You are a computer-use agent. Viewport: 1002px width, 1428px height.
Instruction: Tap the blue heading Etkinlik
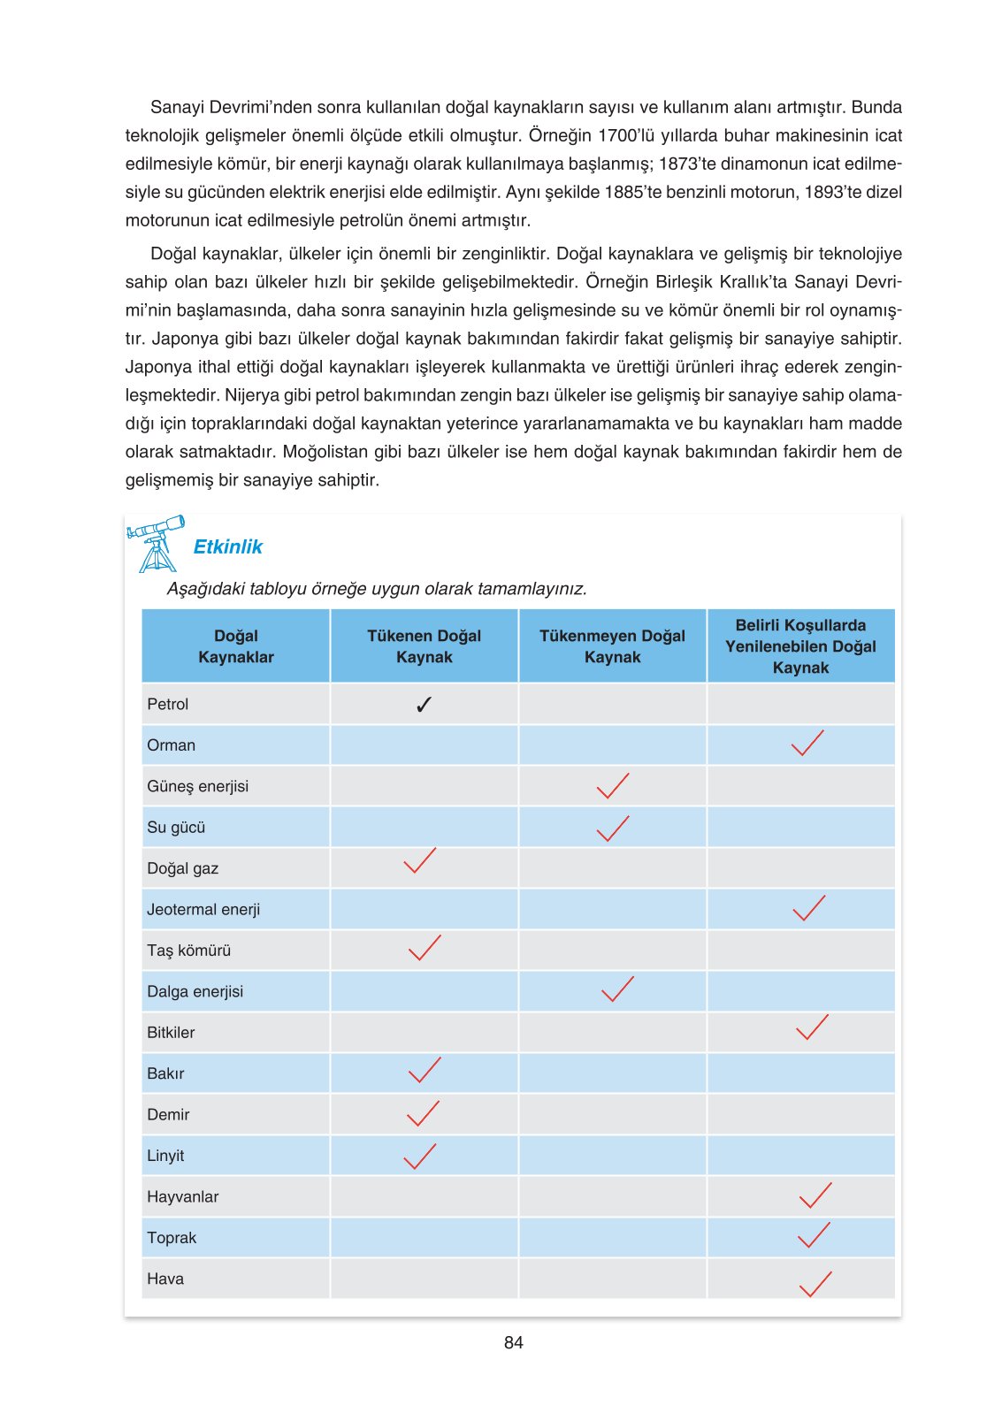click(227, 547)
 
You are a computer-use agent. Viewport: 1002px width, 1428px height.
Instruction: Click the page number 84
click(513, 1342)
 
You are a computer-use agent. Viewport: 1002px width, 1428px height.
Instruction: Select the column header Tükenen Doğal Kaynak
click(424, 646)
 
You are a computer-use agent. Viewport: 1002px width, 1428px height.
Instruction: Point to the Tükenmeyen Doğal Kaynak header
click(612, 646)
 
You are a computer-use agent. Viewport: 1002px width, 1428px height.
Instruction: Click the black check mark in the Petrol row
click(424, 705)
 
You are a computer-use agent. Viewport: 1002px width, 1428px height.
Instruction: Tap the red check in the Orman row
click(807, 744)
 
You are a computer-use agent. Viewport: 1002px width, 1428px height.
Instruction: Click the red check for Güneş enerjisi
click(612, 785)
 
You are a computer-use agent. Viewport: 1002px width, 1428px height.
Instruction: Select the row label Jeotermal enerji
click(203, 910)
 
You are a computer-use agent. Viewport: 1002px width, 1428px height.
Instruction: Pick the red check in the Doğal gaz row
click(419, 861)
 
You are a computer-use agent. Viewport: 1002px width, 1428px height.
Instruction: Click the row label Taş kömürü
click(188, 951)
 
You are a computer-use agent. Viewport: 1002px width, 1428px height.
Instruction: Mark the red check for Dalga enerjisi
click(616, 989)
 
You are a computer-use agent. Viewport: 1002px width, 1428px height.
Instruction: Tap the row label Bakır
click(165, 1073)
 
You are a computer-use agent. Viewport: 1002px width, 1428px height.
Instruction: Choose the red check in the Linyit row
click(419, 1157)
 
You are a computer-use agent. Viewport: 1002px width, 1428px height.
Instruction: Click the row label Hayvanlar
click(182, 1197)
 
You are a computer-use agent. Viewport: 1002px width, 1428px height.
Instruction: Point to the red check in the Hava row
click(815, 1284)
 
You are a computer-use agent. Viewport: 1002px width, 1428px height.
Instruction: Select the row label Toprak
click(172, 1238)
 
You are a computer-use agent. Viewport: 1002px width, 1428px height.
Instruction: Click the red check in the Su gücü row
click(612, 829)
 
